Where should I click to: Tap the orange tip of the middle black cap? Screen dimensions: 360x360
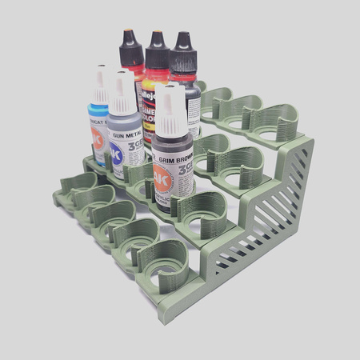[x=158, y=34]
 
